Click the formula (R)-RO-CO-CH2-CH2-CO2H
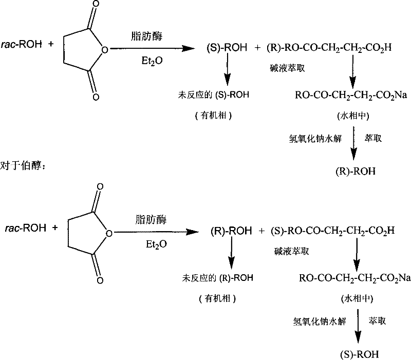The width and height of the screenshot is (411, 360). [329, 49]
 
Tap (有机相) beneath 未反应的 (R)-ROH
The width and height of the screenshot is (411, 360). [214, 297]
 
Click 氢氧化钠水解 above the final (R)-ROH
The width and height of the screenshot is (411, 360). [314, 138]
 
